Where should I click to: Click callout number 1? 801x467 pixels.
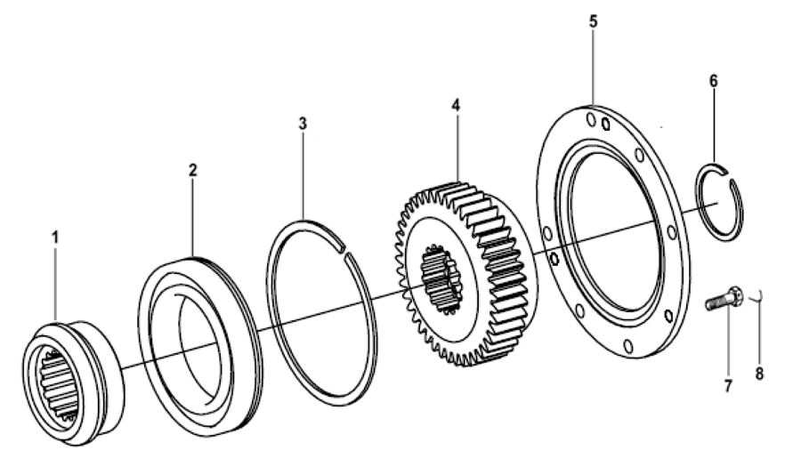(x=55, y=239)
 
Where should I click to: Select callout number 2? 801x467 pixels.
(x=192, y=170)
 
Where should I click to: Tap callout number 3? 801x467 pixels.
(x=303, y=124)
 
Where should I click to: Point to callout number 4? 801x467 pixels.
(x=456, y=105)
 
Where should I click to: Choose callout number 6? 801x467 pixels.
(x=713, y=80)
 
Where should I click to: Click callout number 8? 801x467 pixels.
(x=759, y=374)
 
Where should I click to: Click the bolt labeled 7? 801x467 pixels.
(x=722, y=300)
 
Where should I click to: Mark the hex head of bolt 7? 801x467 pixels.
(x=734, y=294)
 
